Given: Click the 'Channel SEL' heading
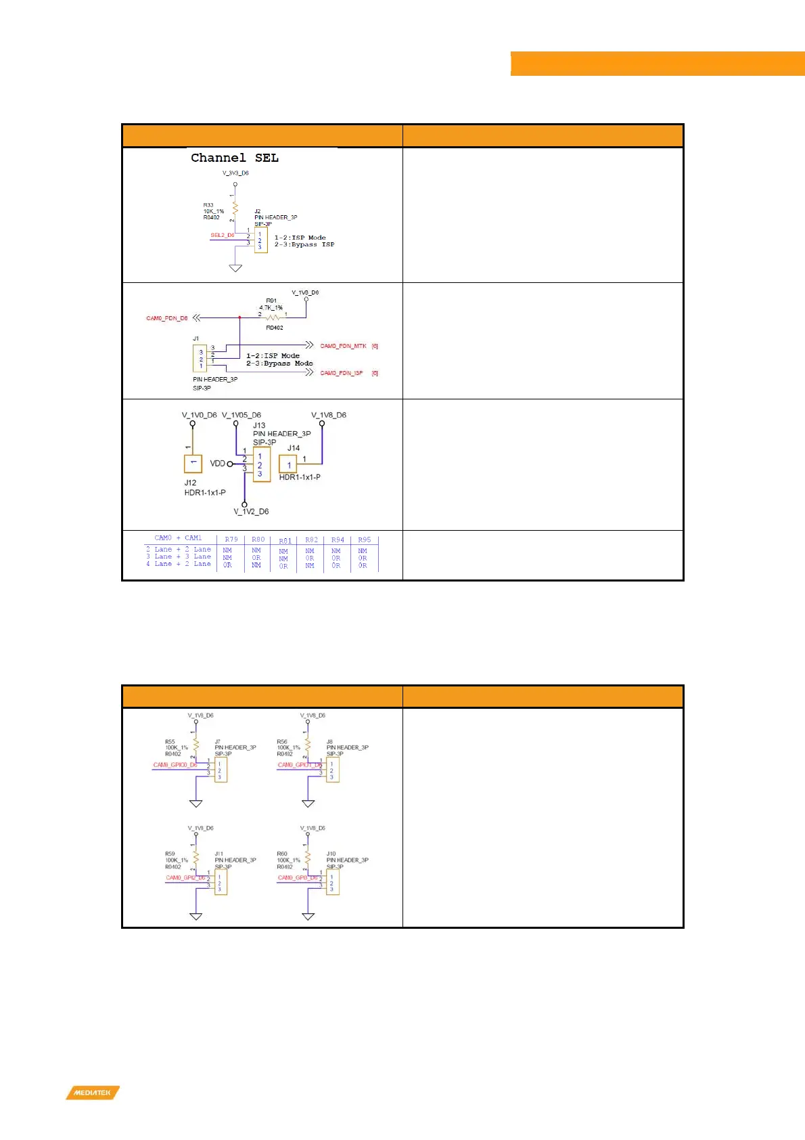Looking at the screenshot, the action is [234, 158].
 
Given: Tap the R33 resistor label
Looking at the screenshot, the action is [208, 205].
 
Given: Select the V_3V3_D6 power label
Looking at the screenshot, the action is [235, 173].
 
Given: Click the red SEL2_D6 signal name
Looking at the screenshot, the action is [222, 236].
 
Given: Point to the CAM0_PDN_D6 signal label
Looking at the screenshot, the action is [167, 318].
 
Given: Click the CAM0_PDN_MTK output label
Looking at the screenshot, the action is [343, 346].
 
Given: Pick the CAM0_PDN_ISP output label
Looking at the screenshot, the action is [342, 373].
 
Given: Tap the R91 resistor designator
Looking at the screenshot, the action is [271, 301].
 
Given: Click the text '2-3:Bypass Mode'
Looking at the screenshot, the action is [279, 364].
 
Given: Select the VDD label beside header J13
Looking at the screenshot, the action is [217, 464].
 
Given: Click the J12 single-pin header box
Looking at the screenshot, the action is [193, 464].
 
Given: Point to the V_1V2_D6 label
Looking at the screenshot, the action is [251, 512].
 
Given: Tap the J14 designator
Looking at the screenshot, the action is [294, 448].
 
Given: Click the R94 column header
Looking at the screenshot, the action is [338, 540].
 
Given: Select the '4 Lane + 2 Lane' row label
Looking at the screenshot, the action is [179, 564].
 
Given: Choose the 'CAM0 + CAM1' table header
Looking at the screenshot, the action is [178, 538].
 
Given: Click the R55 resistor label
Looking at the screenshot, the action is [170, 742].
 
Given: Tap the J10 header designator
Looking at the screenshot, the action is [331, 854].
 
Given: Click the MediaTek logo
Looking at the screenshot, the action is [93, 1093].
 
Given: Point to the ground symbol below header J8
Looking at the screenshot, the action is [308, 804].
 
